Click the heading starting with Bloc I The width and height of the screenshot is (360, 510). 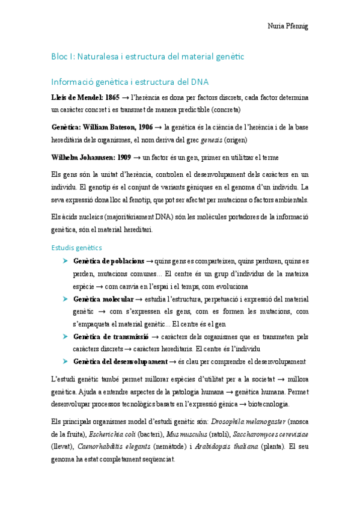[x=147, y=57]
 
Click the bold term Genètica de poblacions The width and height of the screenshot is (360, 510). [x=108, y=261]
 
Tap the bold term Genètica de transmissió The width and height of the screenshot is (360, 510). [x=111, y=337]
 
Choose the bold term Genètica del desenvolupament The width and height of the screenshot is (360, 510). [x=120, y=361]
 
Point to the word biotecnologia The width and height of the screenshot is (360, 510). [x=265, y=404]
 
